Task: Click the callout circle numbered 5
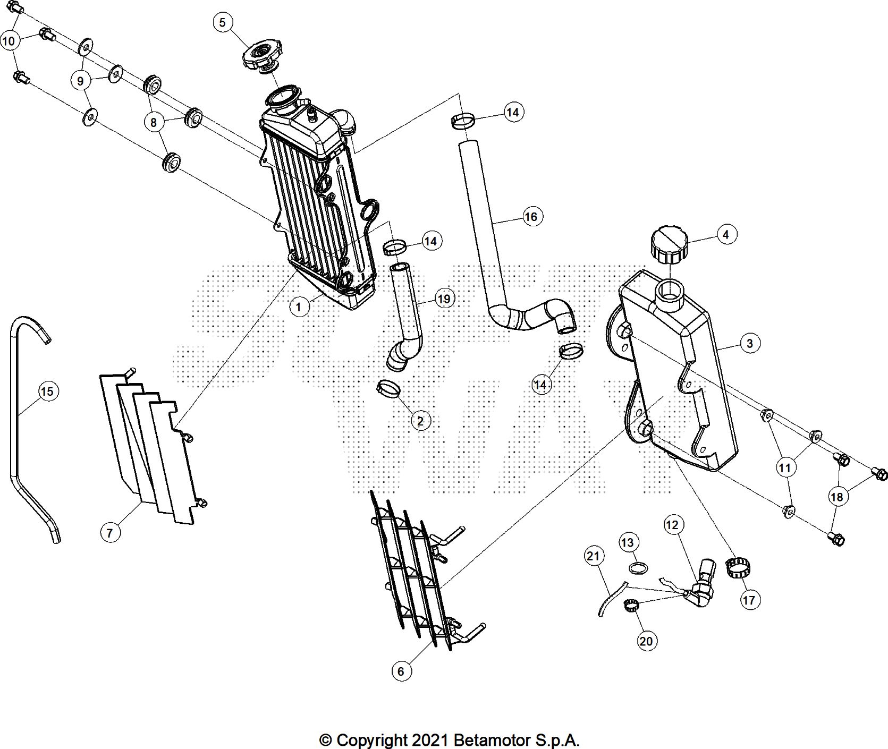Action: [222, 22]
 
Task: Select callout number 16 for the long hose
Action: [530, 217]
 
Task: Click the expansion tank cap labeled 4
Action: [668, 244]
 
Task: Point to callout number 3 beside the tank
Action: [749, 343]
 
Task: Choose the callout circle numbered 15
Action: [47, 391]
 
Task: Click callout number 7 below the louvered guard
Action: [110, 532]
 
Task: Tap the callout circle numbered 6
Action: [401, 671]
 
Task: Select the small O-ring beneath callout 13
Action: [638, 568]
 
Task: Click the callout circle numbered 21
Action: [593, 557]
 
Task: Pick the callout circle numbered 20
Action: [646, 641]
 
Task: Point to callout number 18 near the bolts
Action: [836, 497]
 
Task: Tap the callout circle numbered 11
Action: [785, 467]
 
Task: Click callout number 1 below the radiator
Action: [299, 307]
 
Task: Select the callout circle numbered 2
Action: [420, 421]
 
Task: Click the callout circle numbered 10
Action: [9, 41]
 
